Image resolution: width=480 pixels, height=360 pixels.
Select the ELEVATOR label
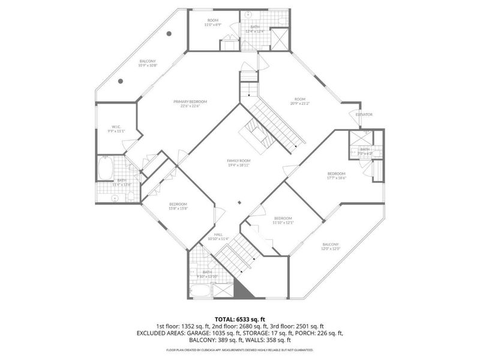click(x=364, y=114)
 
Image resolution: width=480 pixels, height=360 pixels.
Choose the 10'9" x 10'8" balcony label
click(x=148, y=63)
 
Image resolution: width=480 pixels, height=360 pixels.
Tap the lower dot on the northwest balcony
click(x=121, y=81)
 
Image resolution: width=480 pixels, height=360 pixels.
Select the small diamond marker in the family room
click(x=239, y=202)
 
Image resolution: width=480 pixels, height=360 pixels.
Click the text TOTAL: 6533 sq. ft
click(x=239, y=319)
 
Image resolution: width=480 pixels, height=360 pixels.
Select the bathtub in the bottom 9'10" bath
click(x=200, y=292)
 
